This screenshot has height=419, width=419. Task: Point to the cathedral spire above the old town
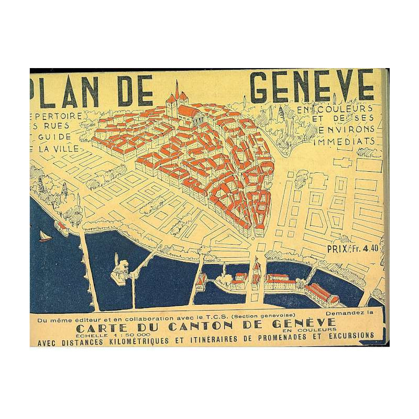177,90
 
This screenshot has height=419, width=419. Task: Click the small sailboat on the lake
45,237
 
